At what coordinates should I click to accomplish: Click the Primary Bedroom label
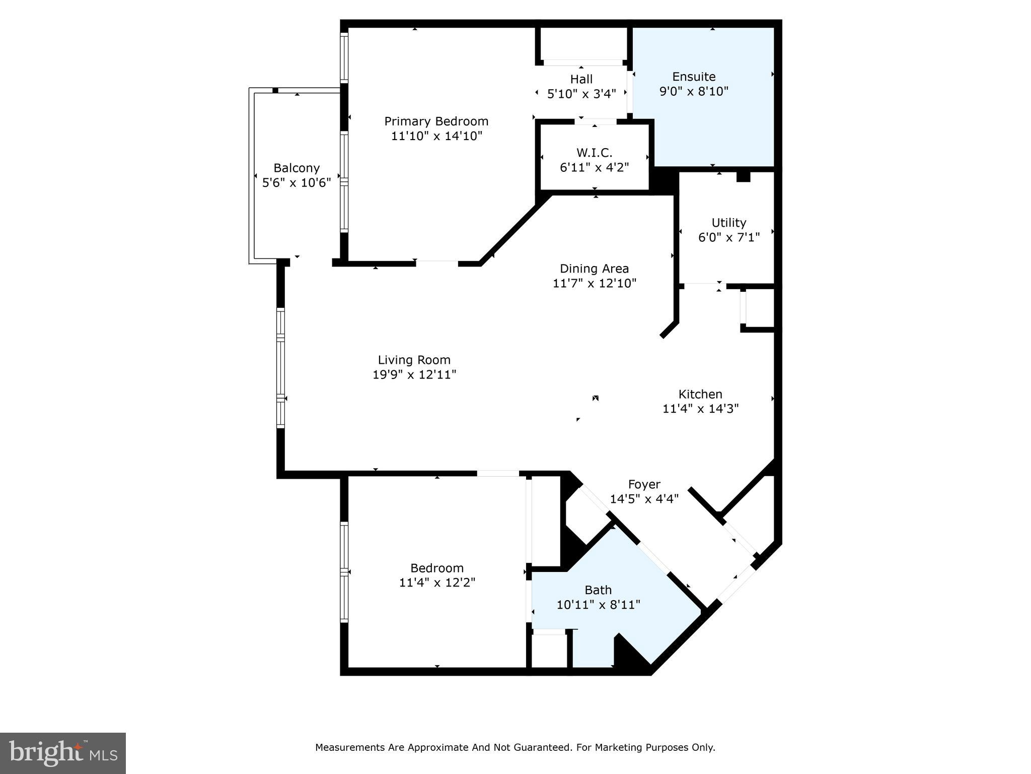click(x=436, y=121)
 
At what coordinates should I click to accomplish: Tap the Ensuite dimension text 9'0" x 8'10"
click(x=694, y=92)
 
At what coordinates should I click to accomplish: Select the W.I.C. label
click(x=594, y=152)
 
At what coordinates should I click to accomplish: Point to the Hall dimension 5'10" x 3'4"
click(x=581, y=94)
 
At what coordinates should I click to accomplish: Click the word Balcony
click(x=297, y=168)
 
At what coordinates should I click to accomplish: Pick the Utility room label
click(x=728, y=223)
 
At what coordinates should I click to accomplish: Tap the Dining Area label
click(x=594, y=269)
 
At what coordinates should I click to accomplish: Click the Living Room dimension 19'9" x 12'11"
click(x=414, y=374)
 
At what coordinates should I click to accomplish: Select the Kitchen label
click(x=700, y=394)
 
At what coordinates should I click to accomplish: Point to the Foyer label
click(x=644, y=484)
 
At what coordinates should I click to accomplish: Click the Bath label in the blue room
click(x=598, y=590)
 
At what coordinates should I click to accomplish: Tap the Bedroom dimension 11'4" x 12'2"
click(x=437, y=583)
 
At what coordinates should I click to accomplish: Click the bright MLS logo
click(x=63, y=753)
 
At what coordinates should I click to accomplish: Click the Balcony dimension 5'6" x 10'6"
click(x=297, y=182)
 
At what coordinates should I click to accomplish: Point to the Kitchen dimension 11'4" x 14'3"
click(x=700, y=409)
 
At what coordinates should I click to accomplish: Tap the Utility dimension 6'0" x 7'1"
click(x=728, y=237)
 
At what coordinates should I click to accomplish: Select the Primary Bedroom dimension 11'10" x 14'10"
click(x=436, y=136)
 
